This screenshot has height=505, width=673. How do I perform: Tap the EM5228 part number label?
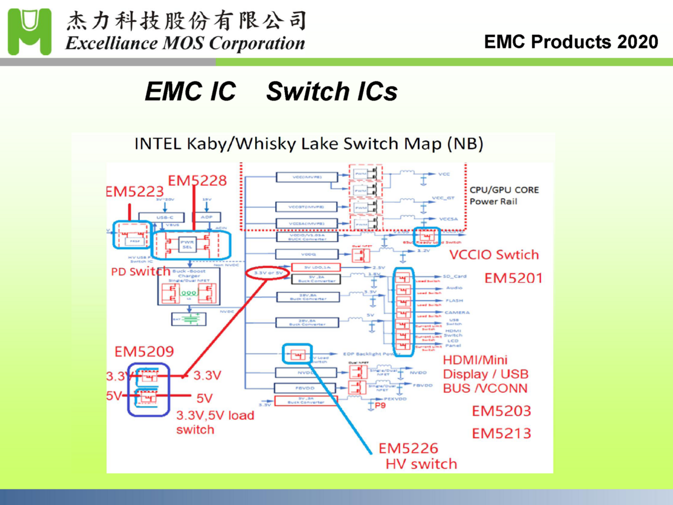point(197,180)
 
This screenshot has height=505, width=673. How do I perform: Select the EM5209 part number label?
point(144,352)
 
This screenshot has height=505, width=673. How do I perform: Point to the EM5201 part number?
point(514,278)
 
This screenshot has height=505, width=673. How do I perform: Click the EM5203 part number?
point(501,411)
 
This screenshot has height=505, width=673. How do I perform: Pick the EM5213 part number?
point(501,434)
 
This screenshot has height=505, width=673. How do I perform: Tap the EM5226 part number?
point(408,448)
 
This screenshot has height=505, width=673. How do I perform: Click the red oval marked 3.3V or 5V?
point(267,273)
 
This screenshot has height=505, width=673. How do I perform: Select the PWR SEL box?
point(186,245)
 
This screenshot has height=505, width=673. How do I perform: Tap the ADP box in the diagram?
point(205,217)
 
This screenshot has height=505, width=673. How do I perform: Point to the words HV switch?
point(421,464)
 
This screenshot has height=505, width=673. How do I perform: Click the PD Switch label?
point(140,272)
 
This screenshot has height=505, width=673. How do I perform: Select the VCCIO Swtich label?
point(494,255)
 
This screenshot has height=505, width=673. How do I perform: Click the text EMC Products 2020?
point(570,42)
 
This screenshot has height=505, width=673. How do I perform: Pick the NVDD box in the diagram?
point(306,373)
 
